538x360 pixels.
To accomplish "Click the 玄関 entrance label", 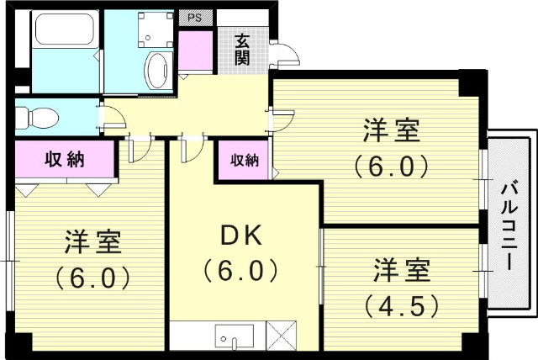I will tap(242, 49).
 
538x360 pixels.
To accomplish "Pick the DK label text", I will tap(242, 237).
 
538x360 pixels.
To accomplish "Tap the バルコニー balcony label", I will tap(509, 225).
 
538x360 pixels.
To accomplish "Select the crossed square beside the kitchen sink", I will tap(282, 336).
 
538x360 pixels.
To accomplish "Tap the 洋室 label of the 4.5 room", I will tap(402, 272).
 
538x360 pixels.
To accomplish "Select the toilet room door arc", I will tap(111, 117).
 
